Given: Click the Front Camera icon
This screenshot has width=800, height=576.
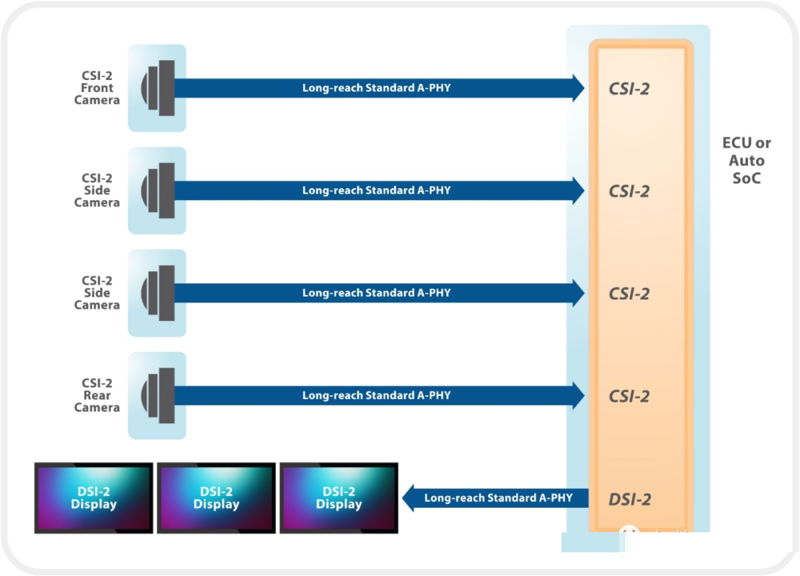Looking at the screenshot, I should (x=158, y=88).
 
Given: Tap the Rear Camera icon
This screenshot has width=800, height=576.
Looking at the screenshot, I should (x=158, y=395).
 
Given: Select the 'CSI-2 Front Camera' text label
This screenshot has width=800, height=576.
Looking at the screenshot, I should (x=97, y=87).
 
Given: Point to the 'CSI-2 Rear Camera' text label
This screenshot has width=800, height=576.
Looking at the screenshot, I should (x=97, y=395).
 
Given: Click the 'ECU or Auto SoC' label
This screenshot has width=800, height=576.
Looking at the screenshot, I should (x=746, y=160).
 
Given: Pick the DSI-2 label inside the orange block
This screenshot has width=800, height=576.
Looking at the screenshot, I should (x=630, y=499).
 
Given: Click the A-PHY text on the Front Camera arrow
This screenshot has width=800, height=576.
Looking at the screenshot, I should (x=434, y=88).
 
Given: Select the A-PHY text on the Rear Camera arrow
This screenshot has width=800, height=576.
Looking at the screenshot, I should (x=434, y=395).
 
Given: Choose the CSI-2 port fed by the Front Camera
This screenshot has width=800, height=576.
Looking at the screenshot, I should (x=629, y=88).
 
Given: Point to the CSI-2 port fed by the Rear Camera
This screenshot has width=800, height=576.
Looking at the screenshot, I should (x=629, y=396).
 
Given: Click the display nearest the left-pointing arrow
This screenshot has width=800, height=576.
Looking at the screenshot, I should (x=339, y=497).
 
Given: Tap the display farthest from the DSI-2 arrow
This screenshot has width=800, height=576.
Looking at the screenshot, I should (x=94, y=497).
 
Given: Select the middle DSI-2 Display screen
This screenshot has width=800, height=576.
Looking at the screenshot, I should (x=216, y=497).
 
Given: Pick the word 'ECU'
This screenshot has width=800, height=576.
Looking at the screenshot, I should (x=738, y=143).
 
